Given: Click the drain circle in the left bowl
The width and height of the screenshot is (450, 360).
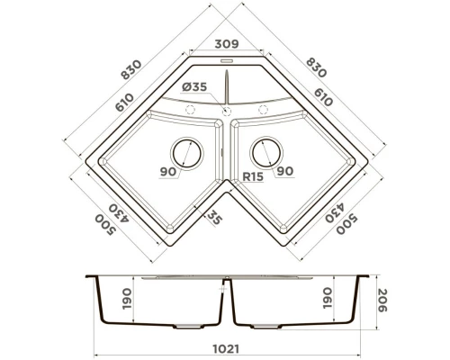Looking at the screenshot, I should (x=185, y=152).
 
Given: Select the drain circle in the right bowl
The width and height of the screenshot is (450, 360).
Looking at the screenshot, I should (x=265, y=152).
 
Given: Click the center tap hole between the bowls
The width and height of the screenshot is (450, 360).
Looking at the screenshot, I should (x=225, y=110).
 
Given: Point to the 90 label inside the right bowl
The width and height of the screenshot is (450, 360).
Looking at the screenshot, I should (x=285, y=171).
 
